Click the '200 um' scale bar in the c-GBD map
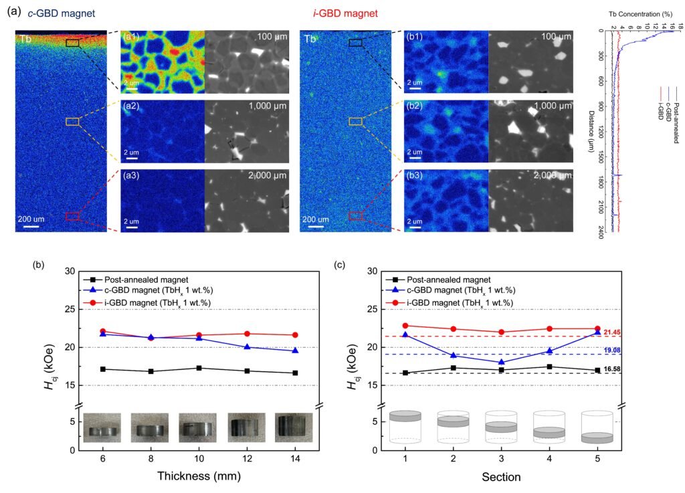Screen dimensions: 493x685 33,219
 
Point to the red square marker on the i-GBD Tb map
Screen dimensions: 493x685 356,215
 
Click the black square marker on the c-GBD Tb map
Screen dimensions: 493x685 72,43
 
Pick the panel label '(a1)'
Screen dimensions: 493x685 130,37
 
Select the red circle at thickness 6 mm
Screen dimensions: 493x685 102,331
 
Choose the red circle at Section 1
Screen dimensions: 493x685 405,326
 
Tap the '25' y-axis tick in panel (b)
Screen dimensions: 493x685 69,309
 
